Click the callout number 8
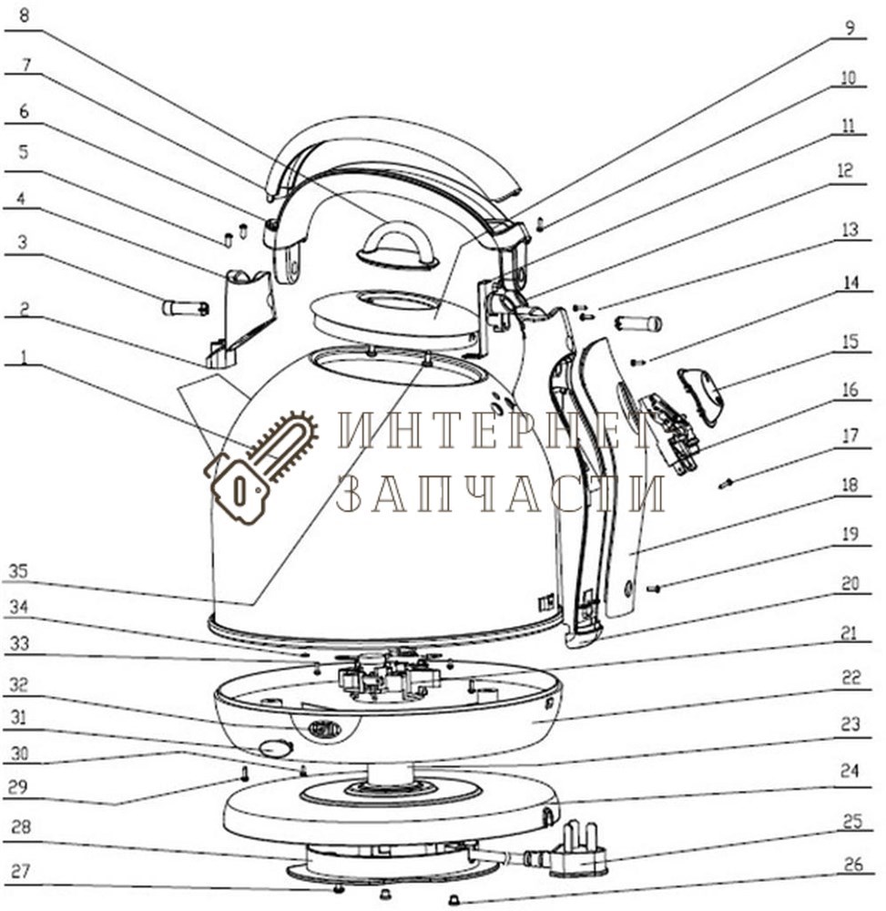(x=23, y=15)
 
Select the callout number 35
(x=18, y=571)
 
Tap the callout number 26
(x=853, y=865)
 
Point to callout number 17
(x=850, y=435)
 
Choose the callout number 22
(x=850, y=677)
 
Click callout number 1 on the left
(x=24, y=356)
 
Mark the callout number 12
(x=845, y=170)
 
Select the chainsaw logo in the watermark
(x=260, y=465)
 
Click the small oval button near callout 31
(x=275, y=748)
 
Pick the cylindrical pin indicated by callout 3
(x=185, y=308)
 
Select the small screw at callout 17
(x=726, y=482)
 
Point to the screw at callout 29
(x=244, y=773)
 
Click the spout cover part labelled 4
(x=239, y=318)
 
